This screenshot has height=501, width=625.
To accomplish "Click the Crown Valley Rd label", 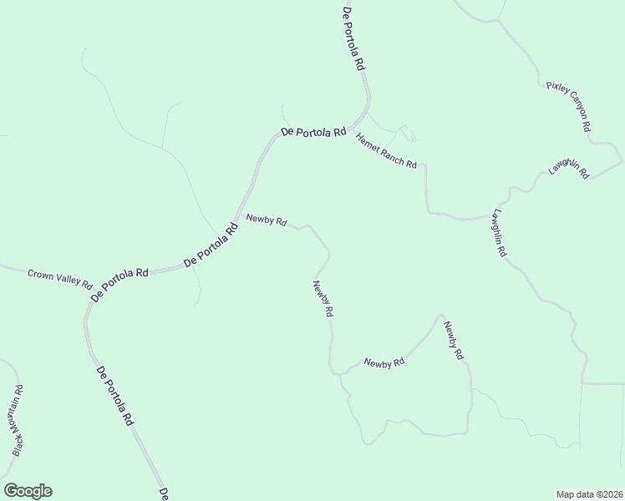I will point(59,278).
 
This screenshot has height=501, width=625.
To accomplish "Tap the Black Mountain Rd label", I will point(18,420).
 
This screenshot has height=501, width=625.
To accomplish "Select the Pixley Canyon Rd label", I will point(569,106).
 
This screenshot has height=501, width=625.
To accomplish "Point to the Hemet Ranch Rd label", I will point(386,151).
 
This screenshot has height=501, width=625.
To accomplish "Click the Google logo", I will point(28,491).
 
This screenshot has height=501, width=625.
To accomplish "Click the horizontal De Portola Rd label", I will point(313,132).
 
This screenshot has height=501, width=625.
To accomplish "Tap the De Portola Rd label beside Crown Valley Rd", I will point(119,284).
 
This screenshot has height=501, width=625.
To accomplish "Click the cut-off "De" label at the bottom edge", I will point(165,493).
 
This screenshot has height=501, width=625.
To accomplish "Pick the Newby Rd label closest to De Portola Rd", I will point(267,220).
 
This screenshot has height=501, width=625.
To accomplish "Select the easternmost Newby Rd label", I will point(453,341).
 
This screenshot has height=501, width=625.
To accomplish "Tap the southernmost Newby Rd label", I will point(384,362).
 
